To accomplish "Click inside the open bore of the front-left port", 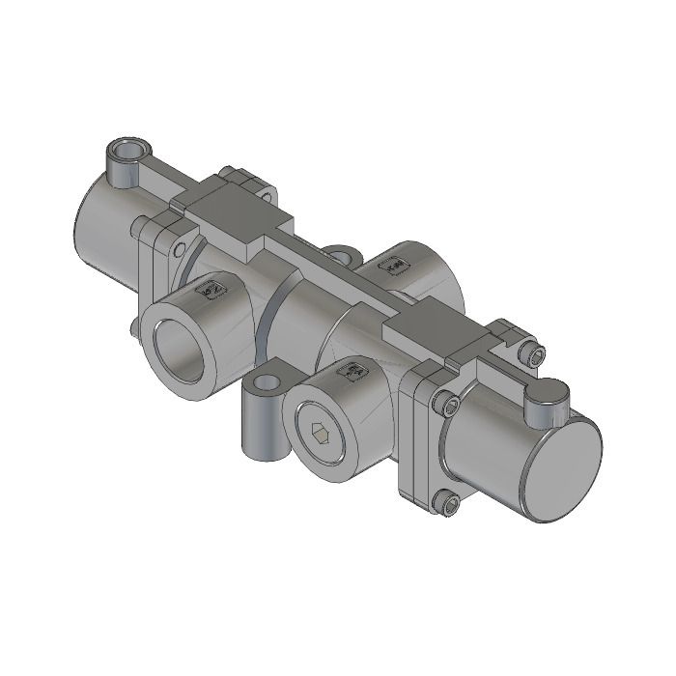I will tap(184, 347).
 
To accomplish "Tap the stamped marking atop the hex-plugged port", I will tap(353, 371).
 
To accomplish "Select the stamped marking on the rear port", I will tap(396, 266).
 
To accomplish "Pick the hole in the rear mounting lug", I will tap(340, 256).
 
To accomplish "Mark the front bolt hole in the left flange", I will tap(181, 249).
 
